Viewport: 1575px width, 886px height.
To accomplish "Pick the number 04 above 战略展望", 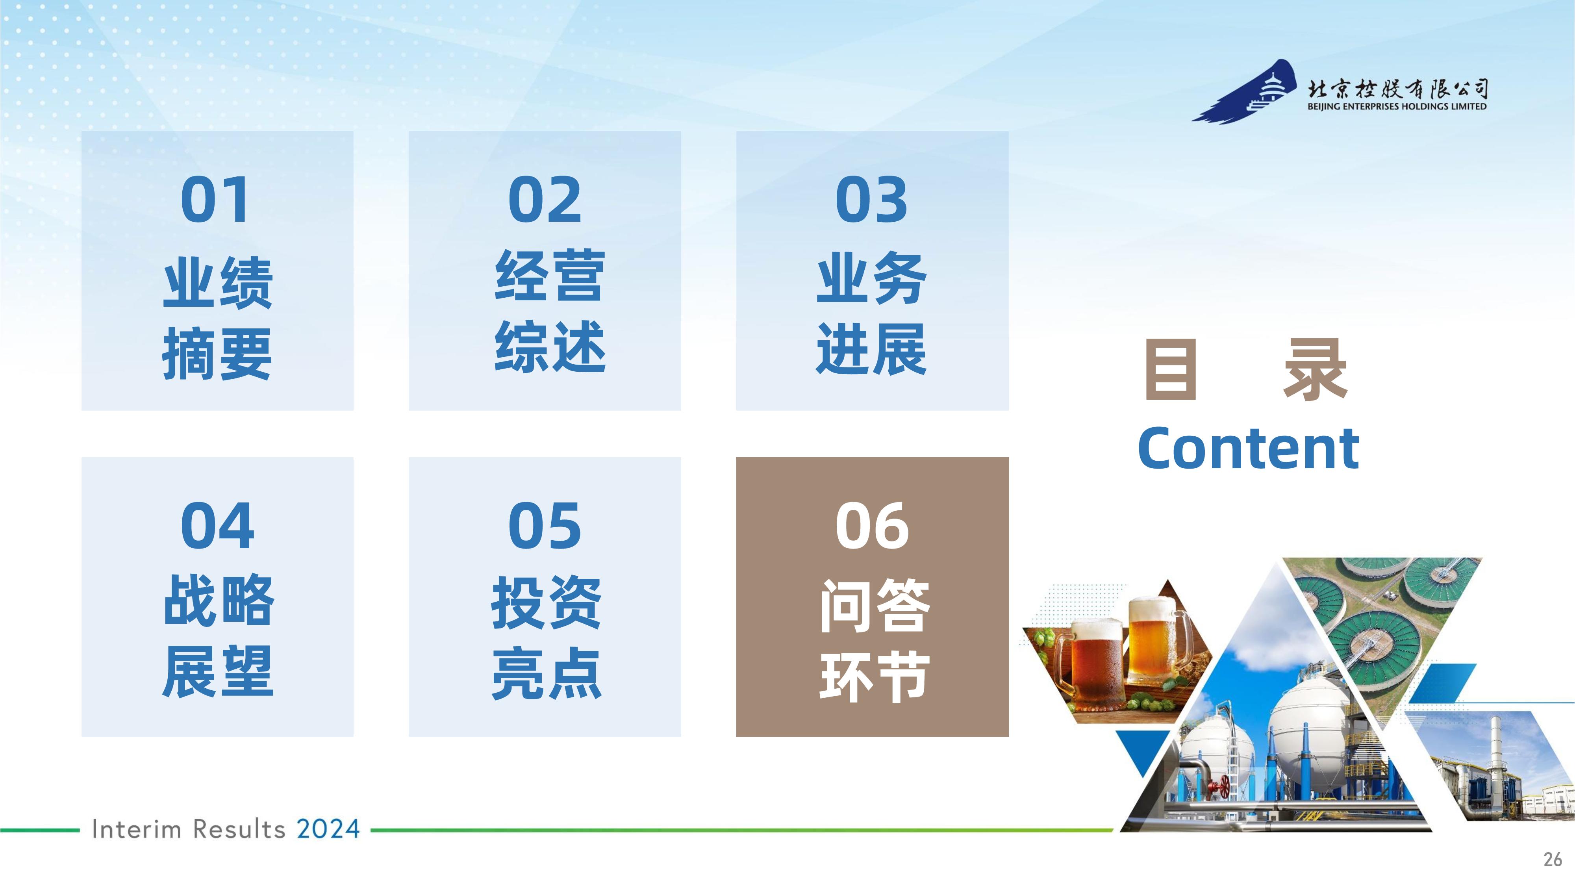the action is click(217, 525).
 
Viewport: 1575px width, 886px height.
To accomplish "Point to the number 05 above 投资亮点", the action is click(545, 525).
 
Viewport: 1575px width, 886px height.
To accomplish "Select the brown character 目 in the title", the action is click(1170, 369).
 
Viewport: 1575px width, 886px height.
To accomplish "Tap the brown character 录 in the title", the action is click(1315, 369).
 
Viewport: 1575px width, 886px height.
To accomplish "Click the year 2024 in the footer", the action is click(328, 830).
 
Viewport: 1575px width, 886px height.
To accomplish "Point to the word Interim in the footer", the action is click(136, 830).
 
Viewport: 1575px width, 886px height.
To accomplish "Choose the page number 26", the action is click(1553, 860).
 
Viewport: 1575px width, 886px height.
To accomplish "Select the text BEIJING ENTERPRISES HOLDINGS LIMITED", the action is click(1397, 106).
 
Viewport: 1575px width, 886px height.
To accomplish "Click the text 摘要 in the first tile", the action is click(217, 354).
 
